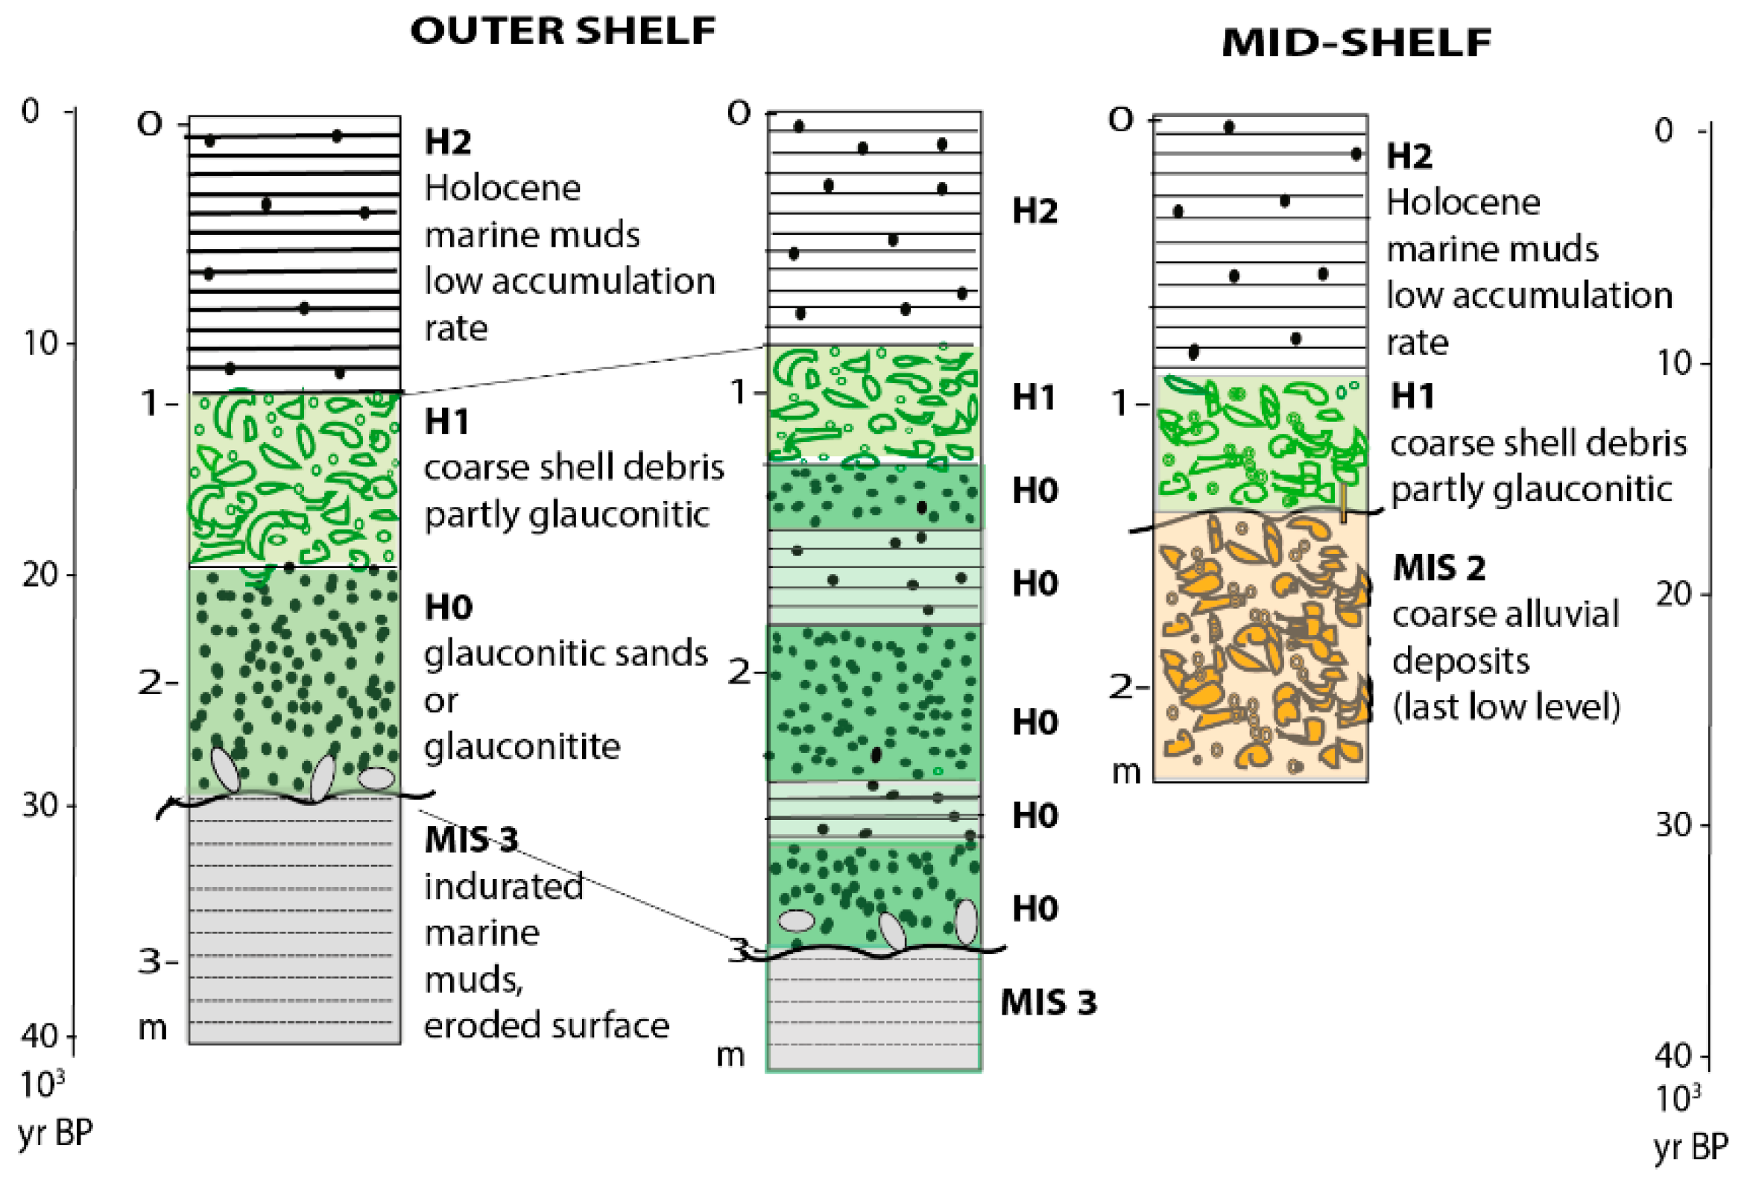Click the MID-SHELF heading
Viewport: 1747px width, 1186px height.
point(1356,43)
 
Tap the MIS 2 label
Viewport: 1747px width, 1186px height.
point(1438,568)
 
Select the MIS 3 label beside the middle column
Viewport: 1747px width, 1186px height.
point(1048,1003)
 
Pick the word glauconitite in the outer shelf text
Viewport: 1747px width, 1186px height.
point(522,747)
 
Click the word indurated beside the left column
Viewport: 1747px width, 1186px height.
point(504,886)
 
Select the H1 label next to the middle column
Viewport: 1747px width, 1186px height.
point(1034,397)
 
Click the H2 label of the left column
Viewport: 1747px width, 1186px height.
point(447,142)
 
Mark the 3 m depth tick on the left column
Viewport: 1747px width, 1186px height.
point(158,961)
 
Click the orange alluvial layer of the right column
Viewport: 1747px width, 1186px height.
point(1260,647)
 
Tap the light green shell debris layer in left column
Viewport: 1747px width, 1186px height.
point(294,480)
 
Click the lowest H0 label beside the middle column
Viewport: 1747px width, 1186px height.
point(1034,909)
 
